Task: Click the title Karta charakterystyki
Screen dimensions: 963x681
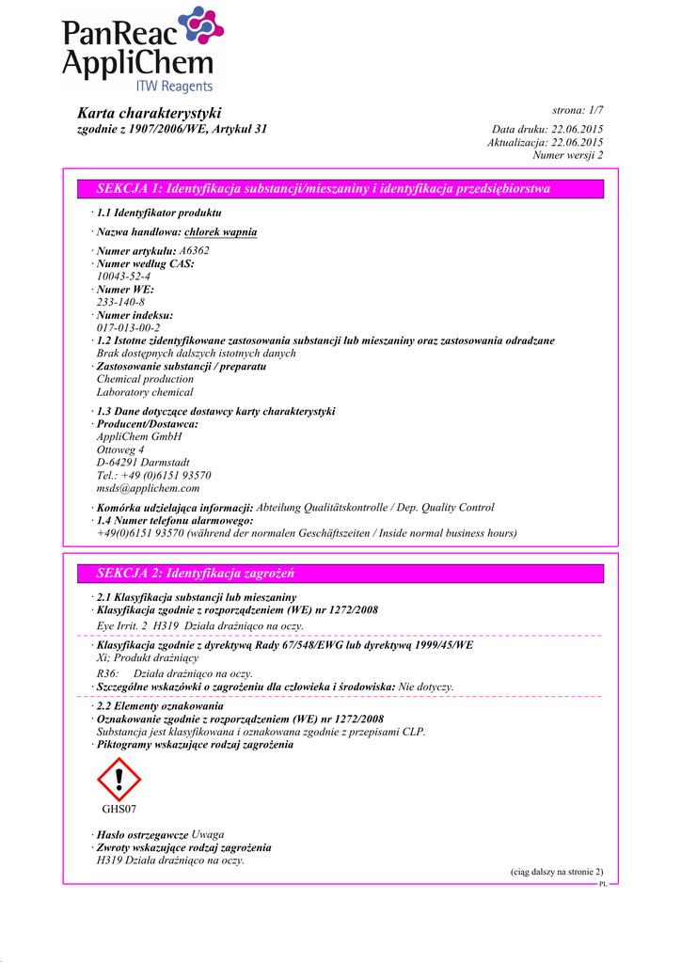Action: click(149, 112)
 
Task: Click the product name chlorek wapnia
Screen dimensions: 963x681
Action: click(220, 231)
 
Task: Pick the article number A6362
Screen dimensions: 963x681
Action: click(194, 251)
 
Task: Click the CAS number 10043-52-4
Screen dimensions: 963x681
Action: click(123, 276)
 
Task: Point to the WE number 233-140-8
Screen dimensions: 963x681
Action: click(120, 302)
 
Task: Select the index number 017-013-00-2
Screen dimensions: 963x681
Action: click(129, 327)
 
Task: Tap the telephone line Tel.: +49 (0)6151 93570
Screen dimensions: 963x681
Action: click(153, 475)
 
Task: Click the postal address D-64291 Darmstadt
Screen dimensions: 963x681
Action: click(143, 462)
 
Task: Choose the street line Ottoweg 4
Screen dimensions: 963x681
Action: click(120, 450)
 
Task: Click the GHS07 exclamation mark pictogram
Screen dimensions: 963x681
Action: click(119, 779)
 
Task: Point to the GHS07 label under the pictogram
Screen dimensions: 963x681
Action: click(119, 809)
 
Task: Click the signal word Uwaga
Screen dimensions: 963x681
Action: click(208, 834)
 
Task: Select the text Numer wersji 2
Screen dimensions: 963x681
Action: click(568, 155)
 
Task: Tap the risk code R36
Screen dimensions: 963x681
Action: click(107, 673)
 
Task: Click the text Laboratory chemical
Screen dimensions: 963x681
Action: click(145, 392)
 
